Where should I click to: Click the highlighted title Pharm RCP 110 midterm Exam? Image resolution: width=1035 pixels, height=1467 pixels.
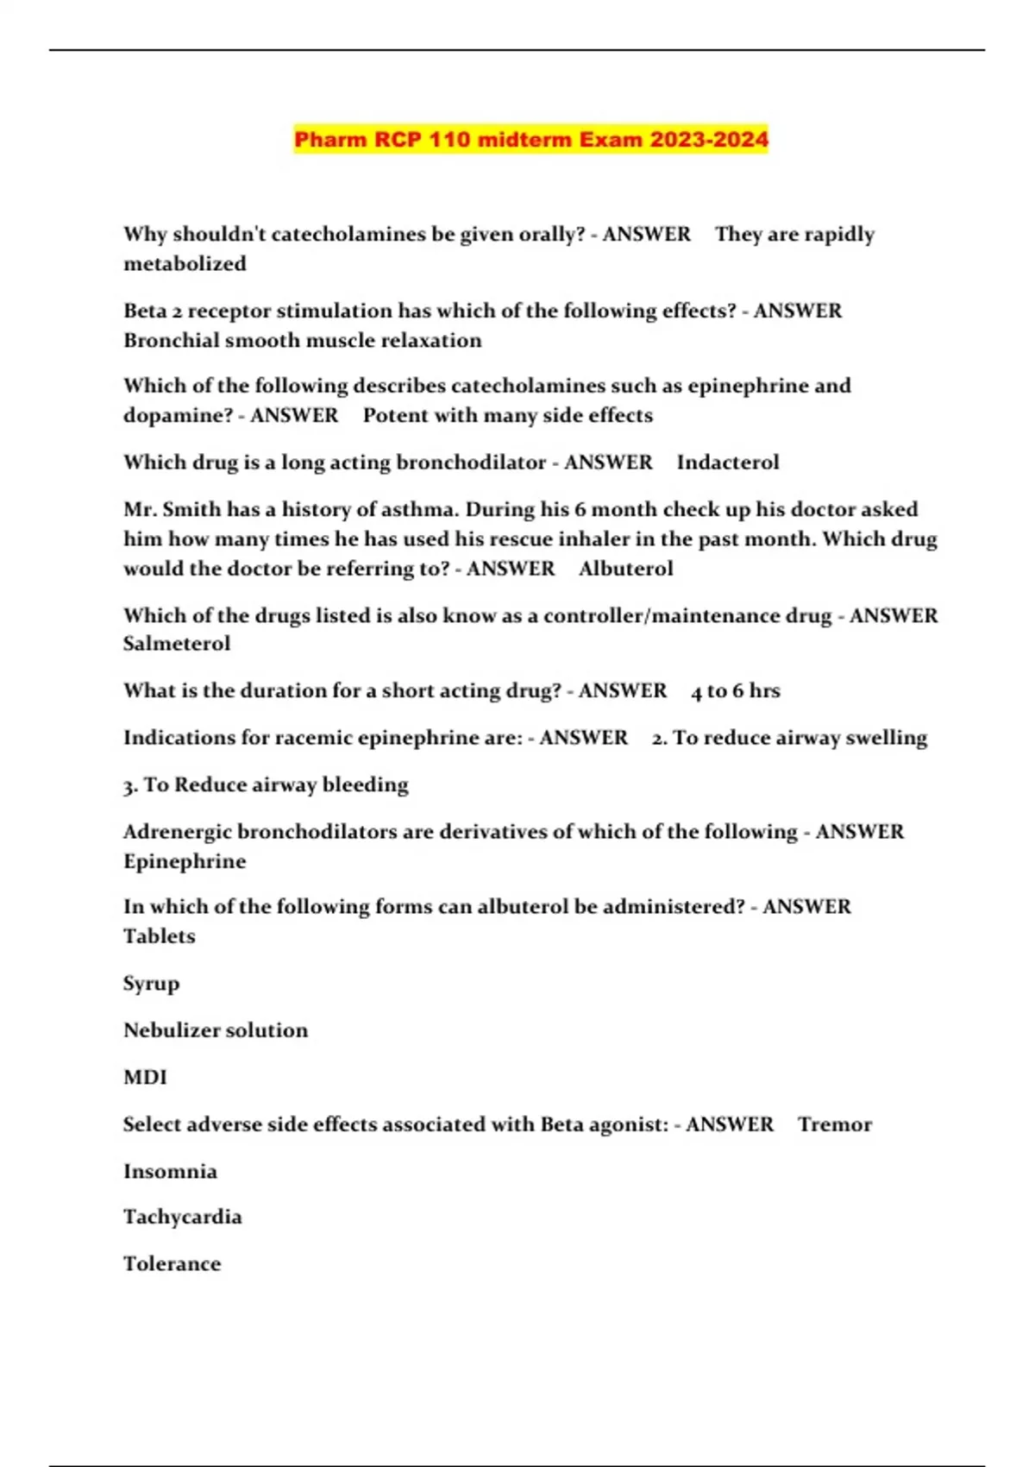(x=530, y=139)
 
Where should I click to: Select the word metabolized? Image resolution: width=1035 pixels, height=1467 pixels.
(x=185, y=263)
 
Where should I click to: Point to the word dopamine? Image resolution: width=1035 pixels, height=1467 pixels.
(x=177, y=415)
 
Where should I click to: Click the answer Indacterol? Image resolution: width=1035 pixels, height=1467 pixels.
(x=727, y=462)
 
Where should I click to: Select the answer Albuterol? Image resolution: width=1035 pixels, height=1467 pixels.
(x=625, y=568)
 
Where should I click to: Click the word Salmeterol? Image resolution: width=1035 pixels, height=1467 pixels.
(x=177, y=643)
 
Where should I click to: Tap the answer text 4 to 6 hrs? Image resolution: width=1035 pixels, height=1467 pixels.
(x=735, y=690)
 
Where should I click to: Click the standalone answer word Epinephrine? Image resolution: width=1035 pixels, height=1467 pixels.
(x=185, y=861)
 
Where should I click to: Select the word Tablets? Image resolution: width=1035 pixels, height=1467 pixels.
(x=160, y=936)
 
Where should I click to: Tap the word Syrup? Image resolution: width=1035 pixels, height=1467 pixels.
(x=151, y=984)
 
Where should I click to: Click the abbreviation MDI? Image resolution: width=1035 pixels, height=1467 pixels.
(x=145, y=1077)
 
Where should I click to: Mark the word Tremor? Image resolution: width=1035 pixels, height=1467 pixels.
(x=834, y=1124)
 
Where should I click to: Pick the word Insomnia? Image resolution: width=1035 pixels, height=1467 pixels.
(x=170, y=1171)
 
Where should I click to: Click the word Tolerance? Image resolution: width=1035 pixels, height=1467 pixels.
(x=172, y=1263)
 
